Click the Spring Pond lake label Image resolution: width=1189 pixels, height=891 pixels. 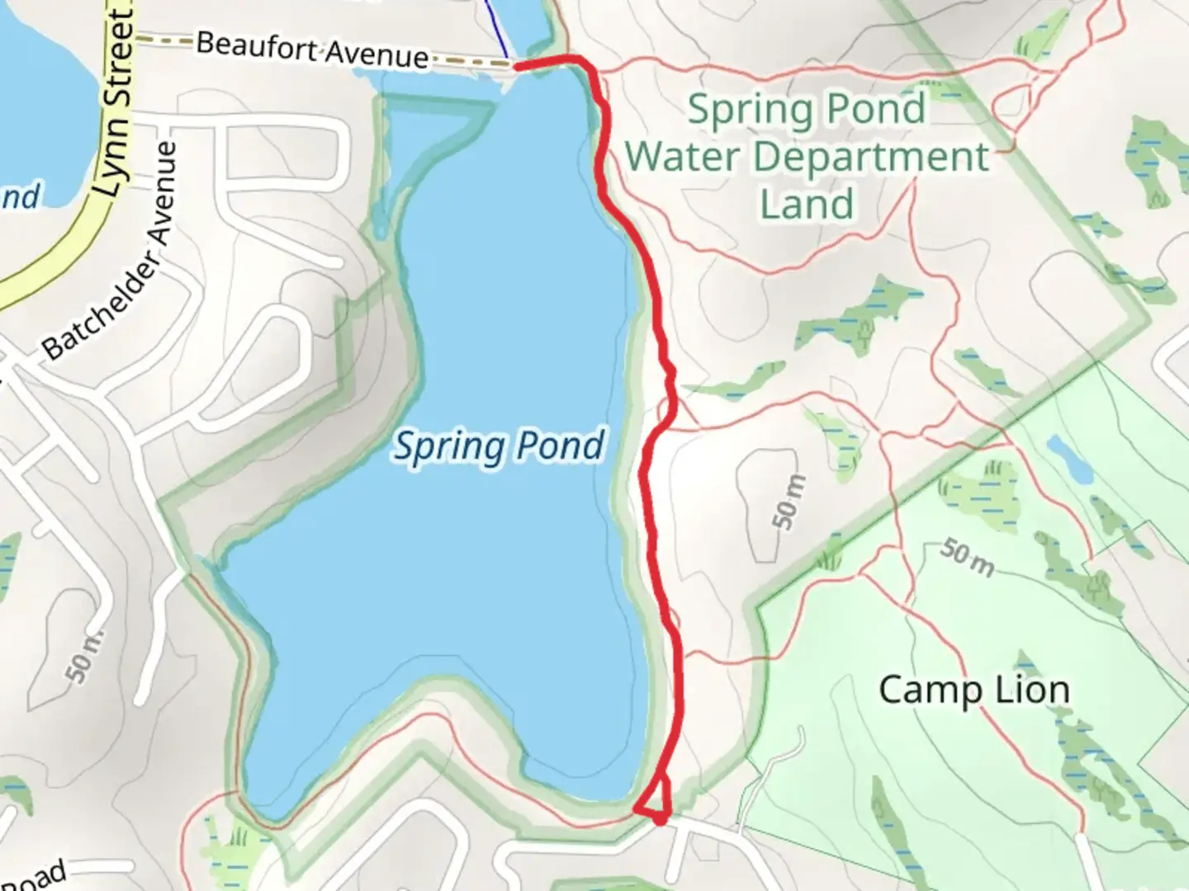click(499, 446)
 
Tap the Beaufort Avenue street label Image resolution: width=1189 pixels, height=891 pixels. click(312, 49)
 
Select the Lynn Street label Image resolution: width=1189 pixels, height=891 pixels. click(114, 103)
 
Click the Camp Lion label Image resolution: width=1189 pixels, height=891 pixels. click(973, 690)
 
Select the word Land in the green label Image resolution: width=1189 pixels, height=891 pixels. click(807, 204)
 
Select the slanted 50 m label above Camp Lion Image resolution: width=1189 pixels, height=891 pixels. click(966, 559)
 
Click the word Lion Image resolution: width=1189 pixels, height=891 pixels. click(1031, 690)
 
